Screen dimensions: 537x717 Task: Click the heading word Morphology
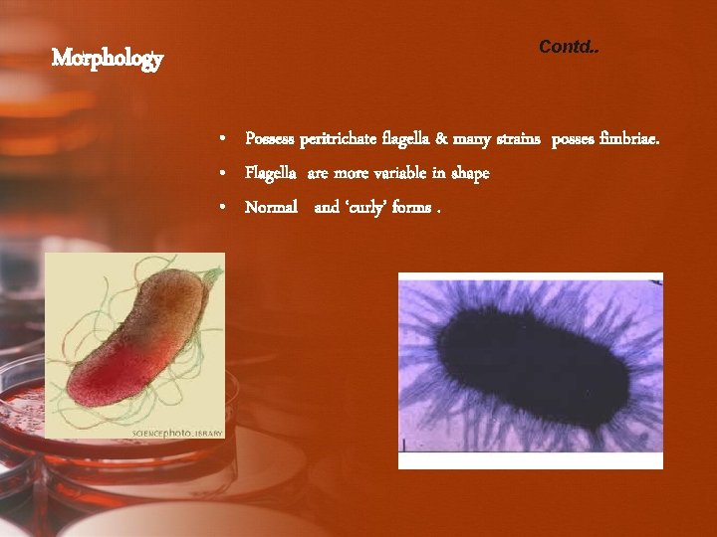click(107, 59)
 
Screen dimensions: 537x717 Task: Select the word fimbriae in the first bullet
click(628, 139)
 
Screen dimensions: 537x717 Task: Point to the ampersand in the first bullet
click(441, 139)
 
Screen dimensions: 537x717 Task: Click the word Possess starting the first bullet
click(270, 139)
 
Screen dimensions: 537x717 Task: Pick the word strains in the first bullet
click(512, 139)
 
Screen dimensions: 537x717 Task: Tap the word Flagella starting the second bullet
click(271, 174)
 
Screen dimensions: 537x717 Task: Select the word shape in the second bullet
click(469, 174)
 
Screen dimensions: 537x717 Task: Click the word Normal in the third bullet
click(272, 208)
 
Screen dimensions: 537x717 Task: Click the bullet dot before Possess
click(225, 140)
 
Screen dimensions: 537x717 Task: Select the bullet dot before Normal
click(225, 209)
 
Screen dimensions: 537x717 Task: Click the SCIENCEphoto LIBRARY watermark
click(178, 433)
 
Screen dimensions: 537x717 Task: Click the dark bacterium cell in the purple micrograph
click(528, 368)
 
